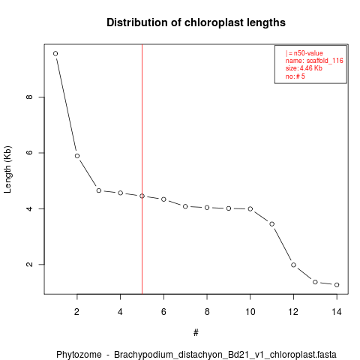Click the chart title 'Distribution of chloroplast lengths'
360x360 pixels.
pos(196,22)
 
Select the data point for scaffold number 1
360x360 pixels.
pos(55,53)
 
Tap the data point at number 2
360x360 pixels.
pos(77,156)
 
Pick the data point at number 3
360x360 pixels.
pos(99,190)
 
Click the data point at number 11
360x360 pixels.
pos(272,224)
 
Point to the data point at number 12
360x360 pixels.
pos(293,265)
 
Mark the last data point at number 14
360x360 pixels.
pos(337,285)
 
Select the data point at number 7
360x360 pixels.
pos(185,206)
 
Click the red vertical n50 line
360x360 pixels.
pos(142,169)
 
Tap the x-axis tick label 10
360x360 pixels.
pos(250,312)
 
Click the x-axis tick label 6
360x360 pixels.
pos(163,312)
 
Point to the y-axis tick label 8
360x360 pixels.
pos(29,97)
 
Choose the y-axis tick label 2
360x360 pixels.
pos(29,265)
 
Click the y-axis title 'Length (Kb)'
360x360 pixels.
pos(7,169)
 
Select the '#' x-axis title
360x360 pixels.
pos(196,333)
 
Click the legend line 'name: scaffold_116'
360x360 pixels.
pos(314,61)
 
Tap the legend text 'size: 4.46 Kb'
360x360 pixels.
pos(304,68)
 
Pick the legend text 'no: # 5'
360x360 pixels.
pos(295,76)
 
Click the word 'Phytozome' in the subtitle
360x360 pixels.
pos(79,355)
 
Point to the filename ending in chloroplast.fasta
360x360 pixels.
pos(225,355)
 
